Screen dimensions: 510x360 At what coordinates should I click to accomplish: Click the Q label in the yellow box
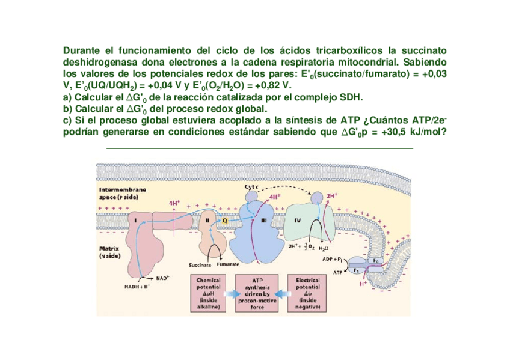(x=224, y=220)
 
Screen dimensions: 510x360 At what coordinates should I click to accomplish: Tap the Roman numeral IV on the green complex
(x=297, y=221)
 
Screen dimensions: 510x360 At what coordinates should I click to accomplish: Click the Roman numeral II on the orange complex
(x=207, y=220)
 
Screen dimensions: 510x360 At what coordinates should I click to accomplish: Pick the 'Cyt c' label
(x=251, y=187)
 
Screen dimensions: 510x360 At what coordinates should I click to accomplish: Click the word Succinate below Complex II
(x=199, y=264)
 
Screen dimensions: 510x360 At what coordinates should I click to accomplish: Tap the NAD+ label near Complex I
(x=162, y=278)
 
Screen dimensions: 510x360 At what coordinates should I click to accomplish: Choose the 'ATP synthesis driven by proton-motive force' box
(x=257, y=293)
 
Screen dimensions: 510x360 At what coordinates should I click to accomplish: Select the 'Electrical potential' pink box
(x=307, y=293)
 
